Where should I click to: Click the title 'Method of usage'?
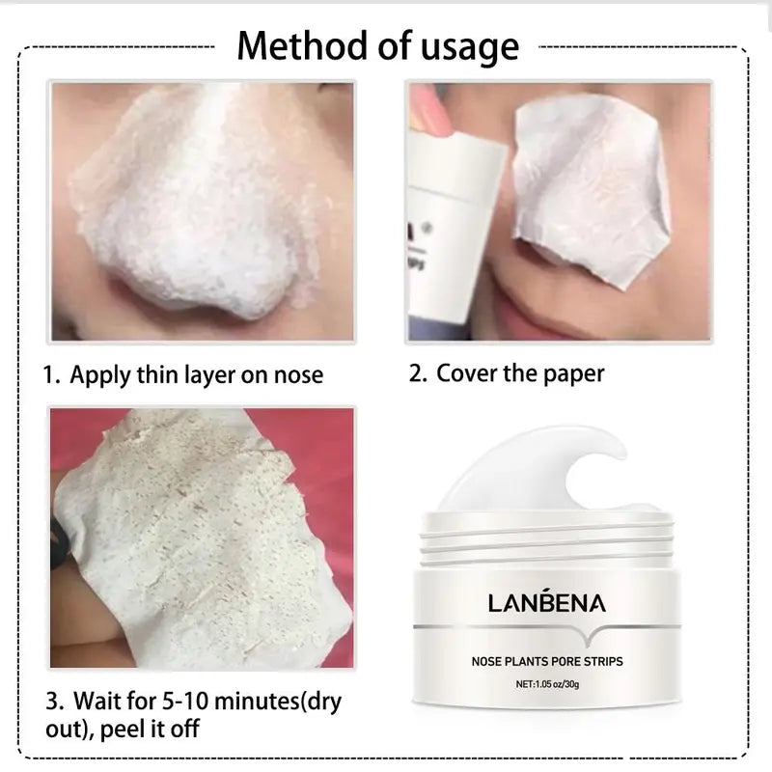pos(378,45)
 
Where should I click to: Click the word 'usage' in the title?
pos(466,48)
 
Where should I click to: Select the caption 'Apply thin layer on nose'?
pos(197,373)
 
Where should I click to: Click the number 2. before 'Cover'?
pos(417,372)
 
